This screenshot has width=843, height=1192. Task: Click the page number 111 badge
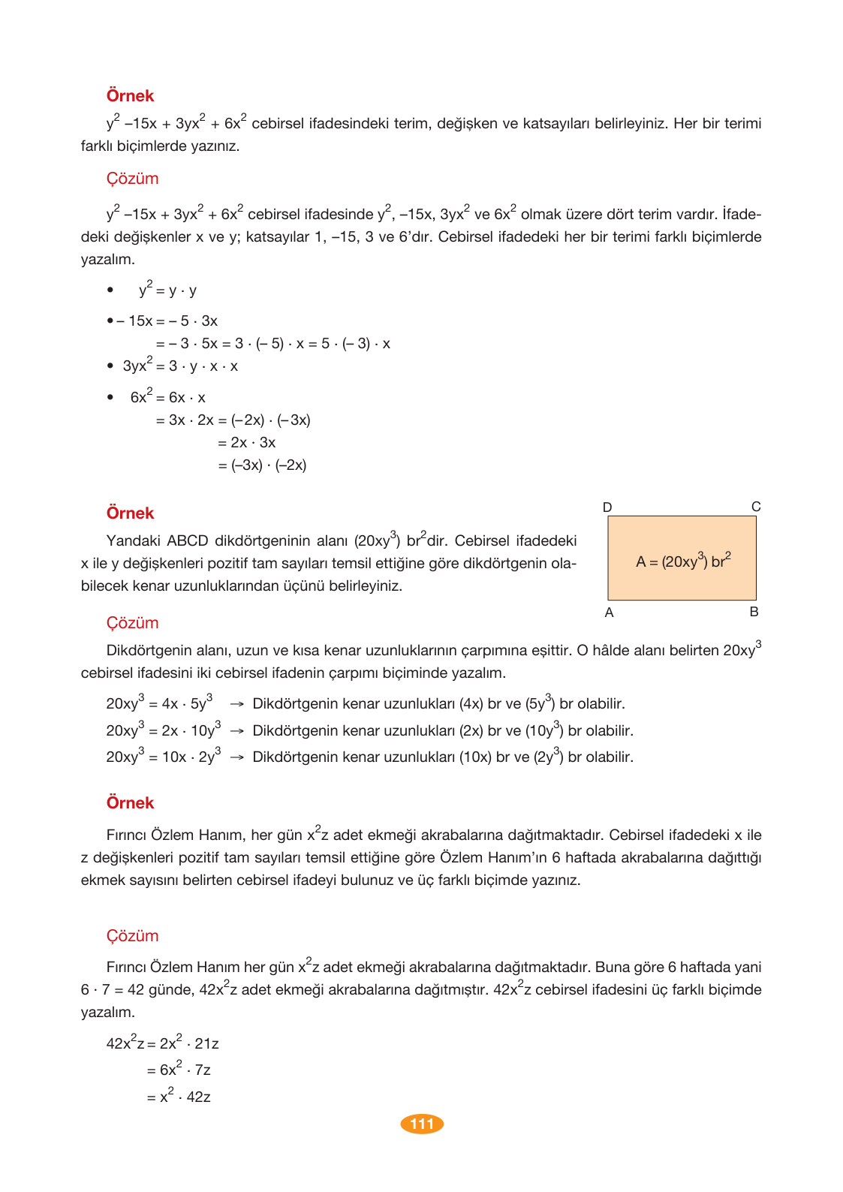[422, 1124]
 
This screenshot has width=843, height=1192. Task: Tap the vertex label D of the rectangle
[607, 507]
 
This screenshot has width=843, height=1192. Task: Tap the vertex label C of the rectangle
[756, 507]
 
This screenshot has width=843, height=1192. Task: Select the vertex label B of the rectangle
[754, 612]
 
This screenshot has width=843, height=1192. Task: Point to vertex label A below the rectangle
[609, 613]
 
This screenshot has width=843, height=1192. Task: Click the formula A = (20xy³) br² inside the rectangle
[682, 561]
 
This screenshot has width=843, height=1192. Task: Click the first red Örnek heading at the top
[130, 96]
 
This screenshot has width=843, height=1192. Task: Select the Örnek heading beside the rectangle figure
[130, 513]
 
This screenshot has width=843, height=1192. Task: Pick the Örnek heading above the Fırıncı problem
[130, 803]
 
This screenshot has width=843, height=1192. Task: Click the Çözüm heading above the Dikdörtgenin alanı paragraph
[132, 623]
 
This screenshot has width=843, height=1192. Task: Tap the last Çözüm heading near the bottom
[132, 936]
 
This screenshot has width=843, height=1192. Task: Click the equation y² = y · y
[167, 290]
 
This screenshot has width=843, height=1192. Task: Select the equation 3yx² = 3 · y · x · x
[180, 366]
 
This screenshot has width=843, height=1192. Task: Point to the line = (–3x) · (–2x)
[262, 465]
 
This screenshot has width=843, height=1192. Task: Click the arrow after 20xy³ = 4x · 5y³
[236, 704]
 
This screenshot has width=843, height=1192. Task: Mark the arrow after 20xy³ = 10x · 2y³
[236, 757]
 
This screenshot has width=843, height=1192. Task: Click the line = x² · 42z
[179, 1097]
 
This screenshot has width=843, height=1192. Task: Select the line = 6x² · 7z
[179, 1070]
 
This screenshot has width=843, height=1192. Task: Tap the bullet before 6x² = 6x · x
[110, 397]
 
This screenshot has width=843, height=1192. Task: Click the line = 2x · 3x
[247, 443]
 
